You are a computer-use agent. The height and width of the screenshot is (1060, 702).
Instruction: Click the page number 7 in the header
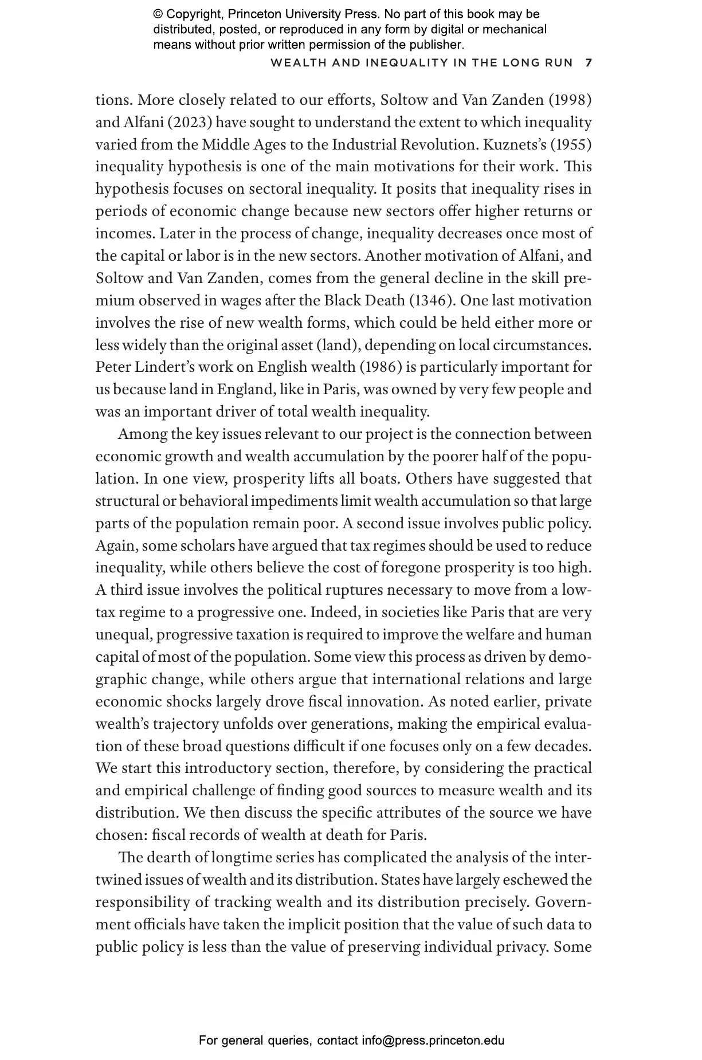(589, 62)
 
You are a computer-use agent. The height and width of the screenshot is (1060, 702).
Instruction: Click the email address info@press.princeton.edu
(433, 1041)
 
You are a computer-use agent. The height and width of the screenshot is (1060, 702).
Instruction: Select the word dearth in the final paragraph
(168, 857)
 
